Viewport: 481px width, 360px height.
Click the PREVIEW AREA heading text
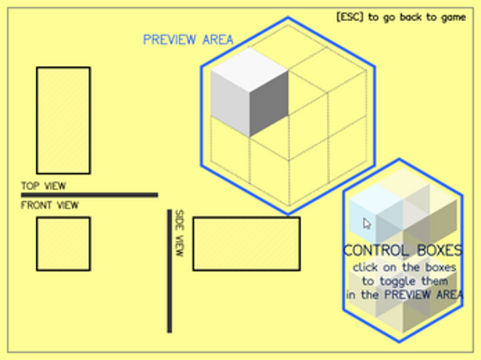188,40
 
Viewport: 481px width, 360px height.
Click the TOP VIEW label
44,186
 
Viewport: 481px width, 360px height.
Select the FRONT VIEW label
49,205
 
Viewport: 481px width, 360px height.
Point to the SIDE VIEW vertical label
179,233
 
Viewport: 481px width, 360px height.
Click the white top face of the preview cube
250,69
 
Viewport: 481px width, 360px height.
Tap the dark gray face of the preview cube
269,103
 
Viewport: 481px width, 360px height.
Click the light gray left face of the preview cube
230,103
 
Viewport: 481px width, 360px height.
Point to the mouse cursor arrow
367,224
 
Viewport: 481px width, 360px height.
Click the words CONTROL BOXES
403,250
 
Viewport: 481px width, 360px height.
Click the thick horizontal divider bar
90,195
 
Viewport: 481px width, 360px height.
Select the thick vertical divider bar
169,271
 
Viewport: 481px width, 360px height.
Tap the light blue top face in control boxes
376,199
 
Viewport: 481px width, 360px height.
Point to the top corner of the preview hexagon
287,18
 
